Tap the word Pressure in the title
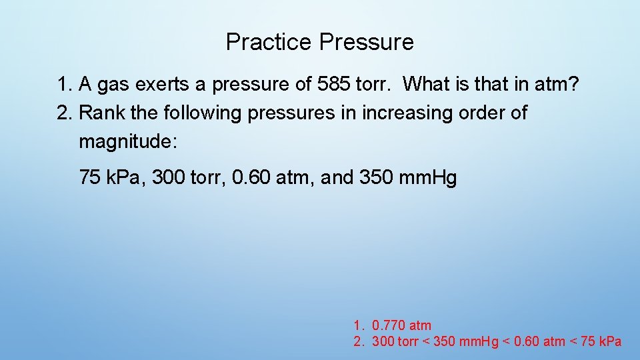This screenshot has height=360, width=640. [x=366, y=42]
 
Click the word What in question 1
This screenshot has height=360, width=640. [x=427, y=85]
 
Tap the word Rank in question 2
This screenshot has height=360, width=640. [x=102, y=113]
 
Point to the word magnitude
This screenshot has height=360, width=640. [x=126, y=141]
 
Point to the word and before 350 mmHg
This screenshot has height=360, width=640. [x=338, y=178]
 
